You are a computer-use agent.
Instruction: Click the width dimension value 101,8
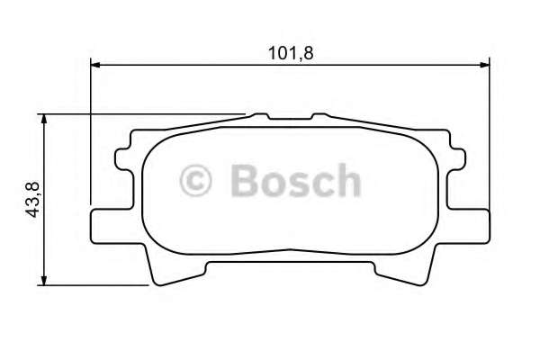click(292, 51)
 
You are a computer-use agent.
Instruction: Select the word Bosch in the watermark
click(294, 181)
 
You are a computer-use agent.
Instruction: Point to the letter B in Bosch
click(245, 181)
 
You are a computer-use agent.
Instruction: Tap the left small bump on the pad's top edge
click(261, 117)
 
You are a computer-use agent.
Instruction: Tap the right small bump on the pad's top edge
click(319, 117)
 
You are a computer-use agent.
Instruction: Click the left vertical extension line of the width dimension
click(91, 135)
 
